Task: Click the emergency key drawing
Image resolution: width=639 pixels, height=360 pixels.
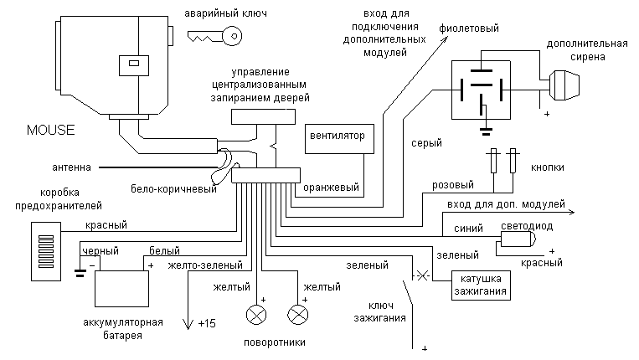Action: pyautogui.click(x=214, y=36)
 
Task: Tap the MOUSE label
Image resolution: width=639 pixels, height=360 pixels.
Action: pyautogui.click(x=50, y=130)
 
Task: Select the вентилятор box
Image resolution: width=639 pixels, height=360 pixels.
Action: pyautogui.click(x=339, y=139)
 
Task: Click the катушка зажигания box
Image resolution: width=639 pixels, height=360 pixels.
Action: pyautogui.click(x=481, y=285)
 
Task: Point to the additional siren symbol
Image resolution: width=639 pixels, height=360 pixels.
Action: pyautogui.click(x=564, y=85)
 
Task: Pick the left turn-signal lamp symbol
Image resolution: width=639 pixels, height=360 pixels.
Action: pyautogui.click(x=256, y=315)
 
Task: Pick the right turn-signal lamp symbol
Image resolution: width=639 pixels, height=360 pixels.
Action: pyautogui.click(x=298, y=315)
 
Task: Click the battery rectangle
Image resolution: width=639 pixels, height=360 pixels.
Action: pyautogui.click(x=121, y=288)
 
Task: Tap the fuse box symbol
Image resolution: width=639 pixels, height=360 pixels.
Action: pyautogui.click(x=46, y=251)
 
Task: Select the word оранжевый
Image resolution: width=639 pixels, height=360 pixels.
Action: pyautogui.click(x=331, y=188)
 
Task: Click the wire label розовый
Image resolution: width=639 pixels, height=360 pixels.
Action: pyautogui.click(x=453, y=185)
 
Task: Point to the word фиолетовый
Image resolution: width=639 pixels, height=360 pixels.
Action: pyautogui.click(x=469, y=28)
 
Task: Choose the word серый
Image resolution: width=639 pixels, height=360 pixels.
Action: pyautogui.click(x=426, y=143)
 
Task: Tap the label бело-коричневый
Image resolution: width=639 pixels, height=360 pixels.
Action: pyautogui.click(x=173, y=189)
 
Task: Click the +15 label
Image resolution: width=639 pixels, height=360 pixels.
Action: pyautogui.click(x=207, y=323)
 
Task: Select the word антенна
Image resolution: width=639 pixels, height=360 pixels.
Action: pyautogui.click(x=71, y=167)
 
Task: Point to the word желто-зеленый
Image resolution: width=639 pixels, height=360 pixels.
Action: pyautogui.click(x=205, y=265)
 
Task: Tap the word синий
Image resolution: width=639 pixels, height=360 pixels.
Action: pyautogui.click(x=468, y=229)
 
